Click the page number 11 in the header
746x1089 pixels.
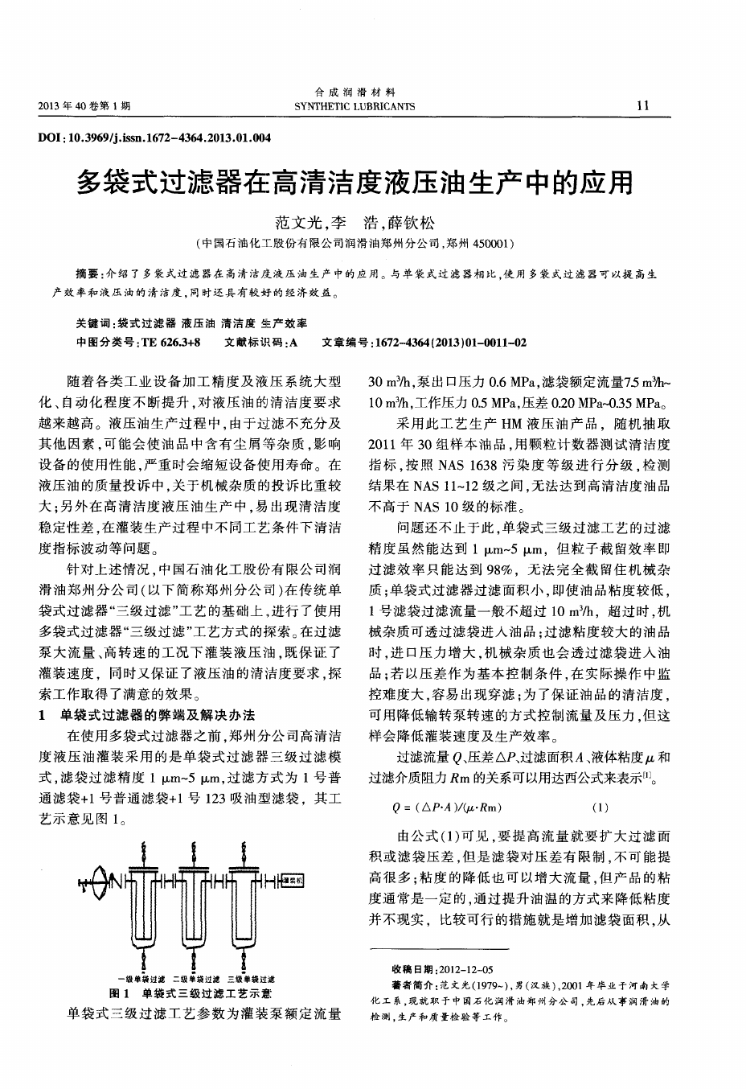642,105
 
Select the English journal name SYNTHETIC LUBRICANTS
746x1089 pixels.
355,106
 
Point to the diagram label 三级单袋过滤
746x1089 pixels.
252,979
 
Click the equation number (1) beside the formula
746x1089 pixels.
600,807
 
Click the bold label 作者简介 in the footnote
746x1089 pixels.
413,984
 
